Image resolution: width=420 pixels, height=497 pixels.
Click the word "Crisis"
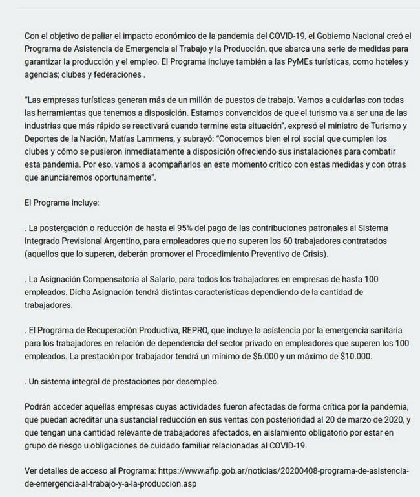(313, 256)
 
